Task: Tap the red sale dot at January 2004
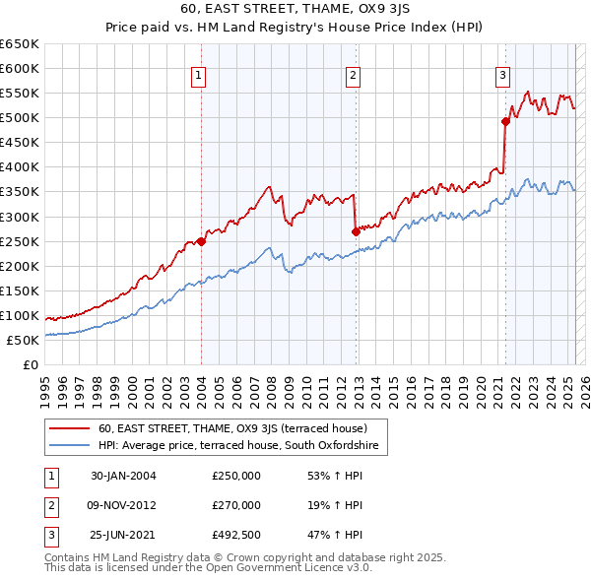(201, 240)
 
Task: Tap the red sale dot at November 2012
(355, 231)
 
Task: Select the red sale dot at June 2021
(505, 121)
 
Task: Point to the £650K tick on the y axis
(20, 44)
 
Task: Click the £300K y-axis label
(20, 217)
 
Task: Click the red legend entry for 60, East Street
(232, 428)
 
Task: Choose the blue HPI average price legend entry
(238, 446)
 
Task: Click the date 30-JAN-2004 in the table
(123, 476)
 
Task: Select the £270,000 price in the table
(236, 505)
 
